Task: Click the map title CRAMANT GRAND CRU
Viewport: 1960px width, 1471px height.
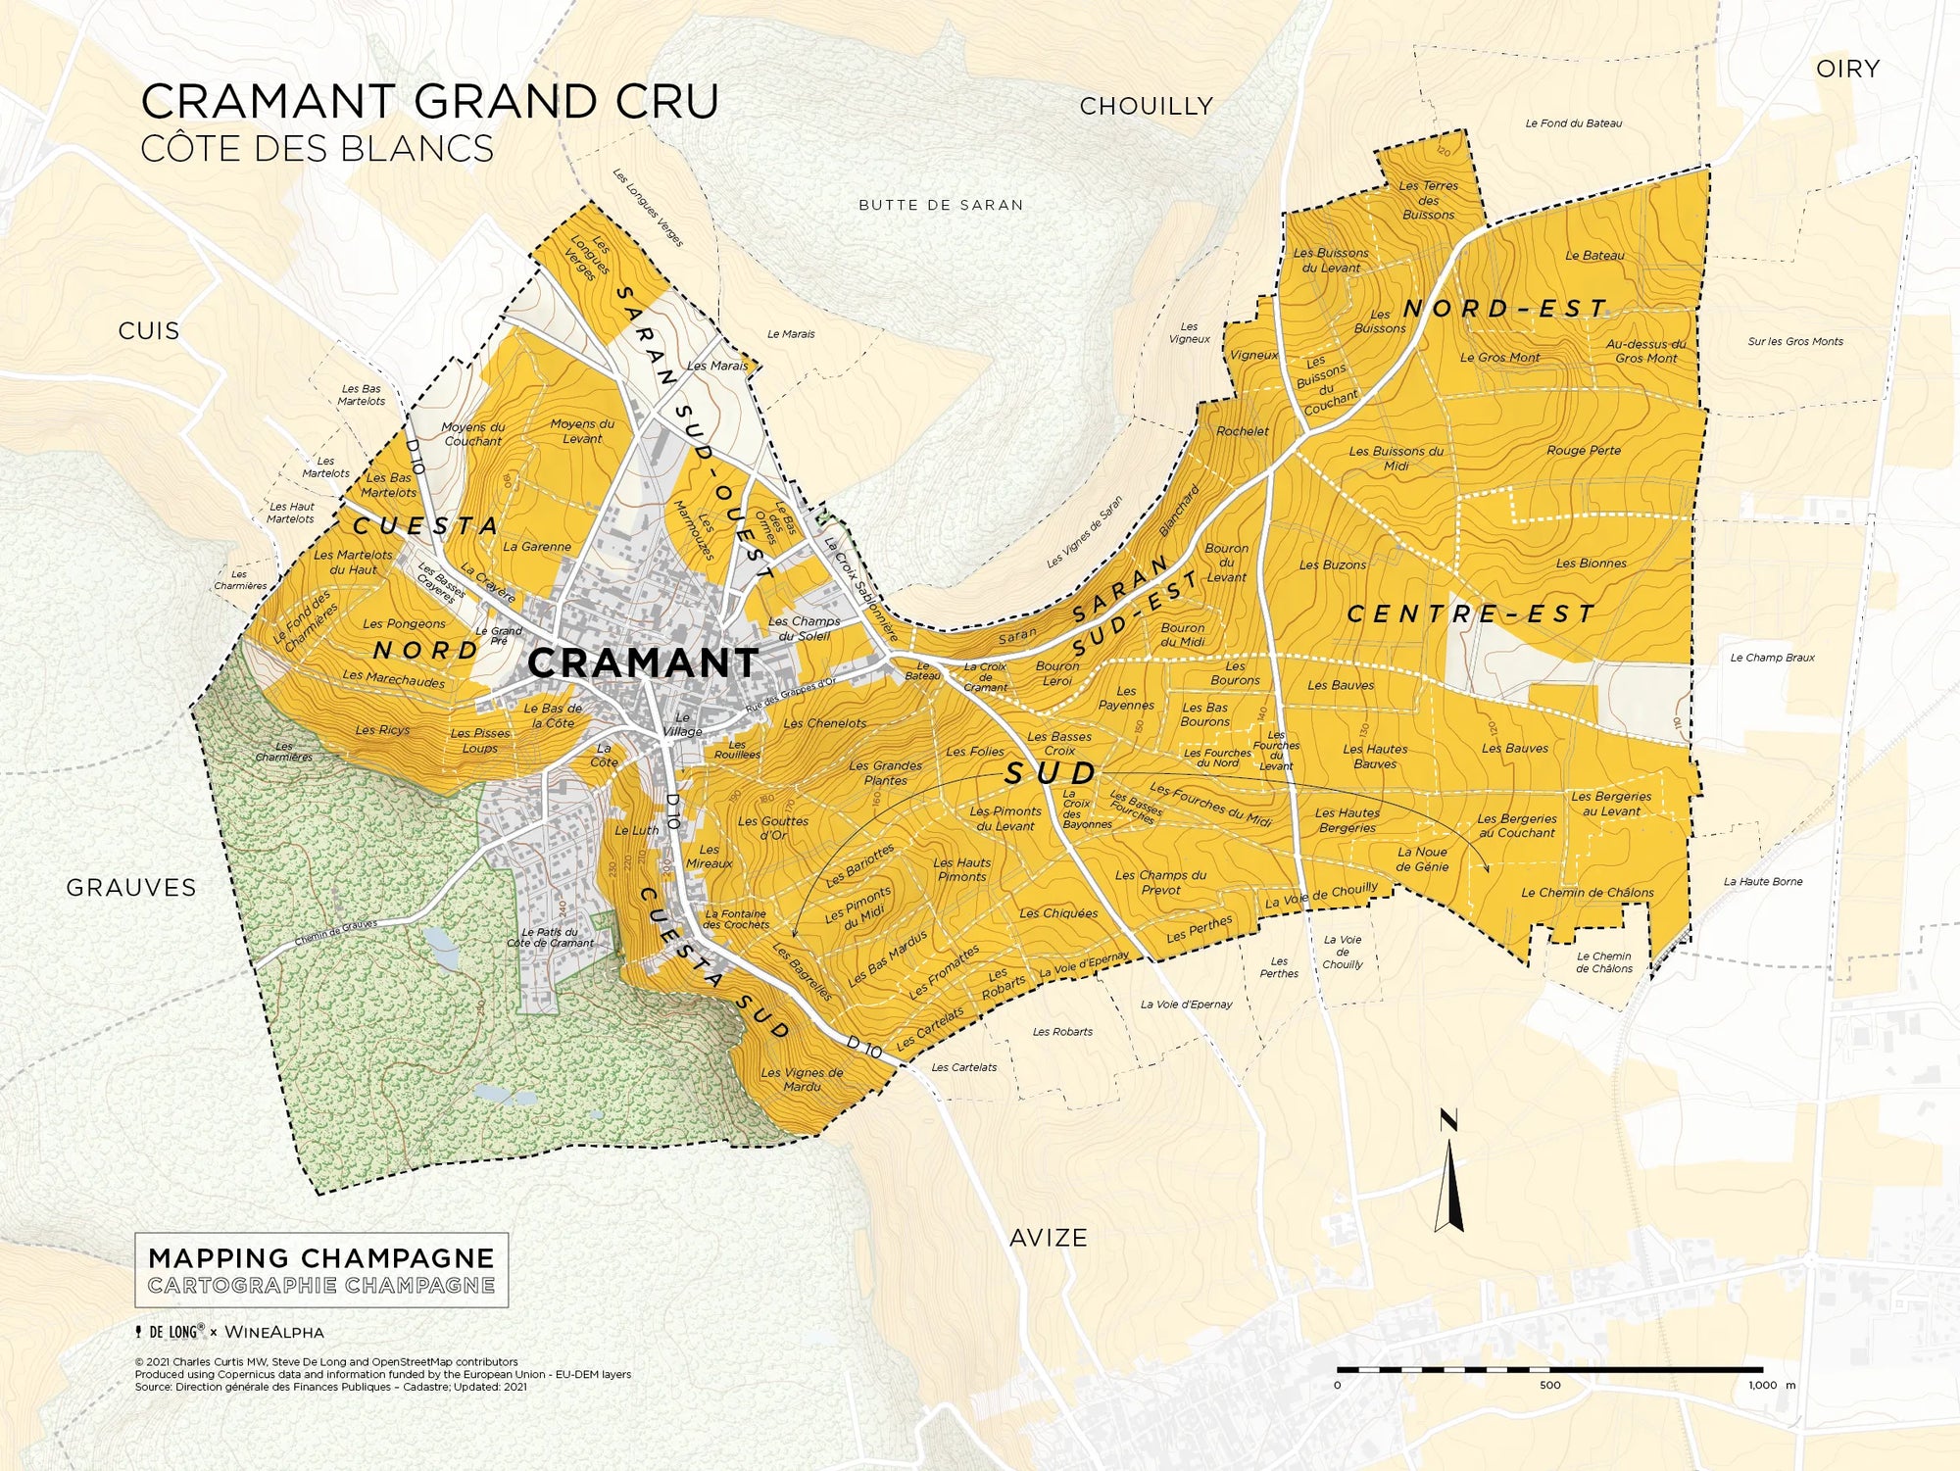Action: (429, 102)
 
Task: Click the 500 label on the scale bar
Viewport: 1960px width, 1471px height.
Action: (1549, 1385)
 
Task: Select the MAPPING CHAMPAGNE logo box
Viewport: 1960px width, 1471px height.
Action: (321, 1270)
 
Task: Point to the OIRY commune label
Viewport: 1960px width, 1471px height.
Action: (1847, 69)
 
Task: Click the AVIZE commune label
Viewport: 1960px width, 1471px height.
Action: (1048, 1238)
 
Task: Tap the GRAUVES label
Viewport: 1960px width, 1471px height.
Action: (131, 888)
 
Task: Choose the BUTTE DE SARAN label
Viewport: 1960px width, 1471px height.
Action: (941, 205)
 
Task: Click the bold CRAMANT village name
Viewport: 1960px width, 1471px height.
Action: (643, 663)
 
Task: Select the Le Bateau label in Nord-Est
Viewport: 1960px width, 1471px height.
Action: (1594, 256)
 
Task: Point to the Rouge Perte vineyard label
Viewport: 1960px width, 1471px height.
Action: (1584, 451)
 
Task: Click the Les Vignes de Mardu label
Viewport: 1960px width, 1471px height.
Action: (802, 1079)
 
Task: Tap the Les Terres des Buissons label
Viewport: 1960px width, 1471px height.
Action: (1428, 200)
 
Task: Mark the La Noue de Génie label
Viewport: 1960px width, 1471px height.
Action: (1422, 859)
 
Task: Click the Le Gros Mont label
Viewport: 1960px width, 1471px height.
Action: (1499, 358)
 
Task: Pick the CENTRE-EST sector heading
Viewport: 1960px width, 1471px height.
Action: (1471, 614)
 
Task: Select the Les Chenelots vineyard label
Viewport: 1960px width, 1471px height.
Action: (824, 723)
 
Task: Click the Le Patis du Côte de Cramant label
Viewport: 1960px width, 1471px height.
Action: (550, 938)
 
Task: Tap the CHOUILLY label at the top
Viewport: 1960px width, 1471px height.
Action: (1146, 106)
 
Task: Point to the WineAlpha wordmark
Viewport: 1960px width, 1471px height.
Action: (274, 1332)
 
